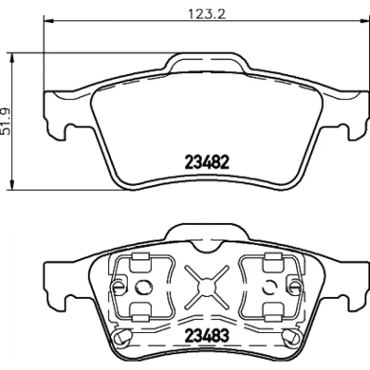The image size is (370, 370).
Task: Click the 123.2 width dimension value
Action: point(207,14)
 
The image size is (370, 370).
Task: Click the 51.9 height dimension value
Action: point(6,121)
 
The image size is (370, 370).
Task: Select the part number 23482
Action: point(207,162)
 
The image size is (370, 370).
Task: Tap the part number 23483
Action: point(207,335)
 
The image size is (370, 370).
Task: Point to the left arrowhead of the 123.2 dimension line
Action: point(49,21)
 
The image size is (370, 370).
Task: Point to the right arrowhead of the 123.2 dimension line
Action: point(359,21)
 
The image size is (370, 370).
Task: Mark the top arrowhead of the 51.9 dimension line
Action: point(12,58)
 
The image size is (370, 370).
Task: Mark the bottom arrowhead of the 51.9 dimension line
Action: point(12,184)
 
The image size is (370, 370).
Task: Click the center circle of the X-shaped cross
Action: point(206,288)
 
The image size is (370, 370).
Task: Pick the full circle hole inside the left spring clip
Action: point(144,288)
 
